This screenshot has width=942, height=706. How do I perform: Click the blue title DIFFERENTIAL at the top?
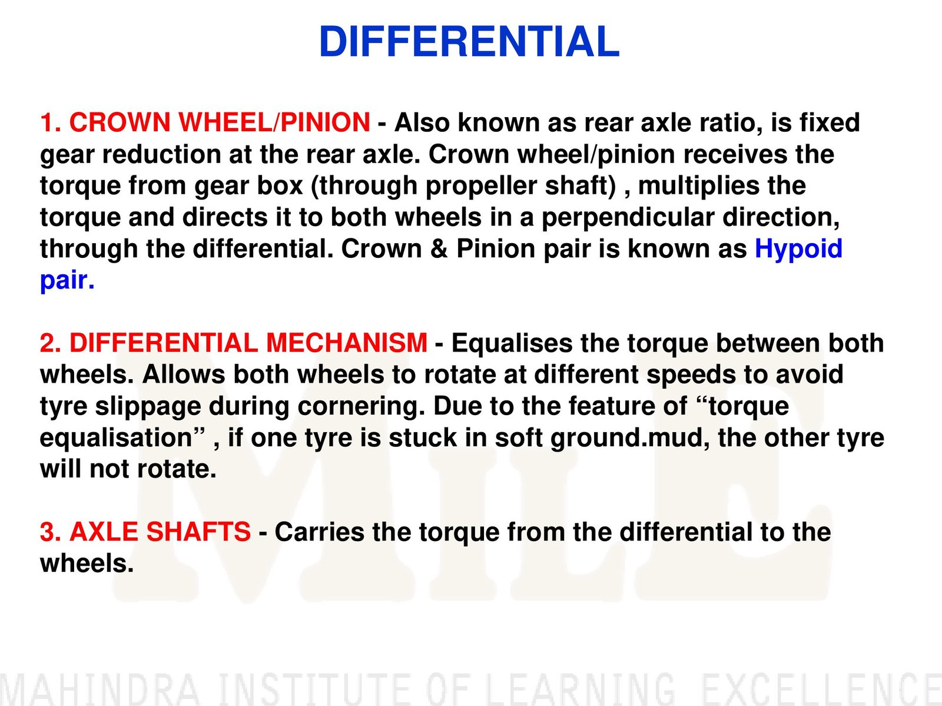point(469,42)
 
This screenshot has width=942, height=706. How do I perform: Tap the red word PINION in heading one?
point(325,122)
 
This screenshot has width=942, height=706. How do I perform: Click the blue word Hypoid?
point(798,249)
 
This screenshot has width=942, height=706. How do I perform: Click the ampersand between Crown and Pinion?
point(439,249)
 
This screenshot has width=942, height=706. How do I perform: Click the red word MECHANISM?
point(347,343)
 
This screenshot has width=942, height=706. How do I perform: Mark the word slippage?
point(148,407)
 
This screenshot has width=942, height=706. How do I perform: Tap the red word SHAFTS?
point(198,532)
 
